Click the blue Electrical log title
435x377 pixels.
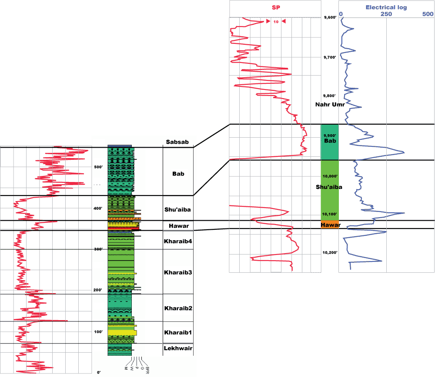pyautogui.click(x=383, y=7)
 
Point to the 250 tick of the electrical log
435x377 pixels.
pyautogui.click(x=386, y=14)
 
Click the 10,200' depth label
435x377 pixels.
pyautogui.click(x=330, y=253)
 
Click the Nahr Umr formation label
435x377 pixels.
pyautogui.click(x=331, y=105)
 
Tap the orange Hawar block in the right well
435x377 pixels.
pyautogui.click(x=330, y=225)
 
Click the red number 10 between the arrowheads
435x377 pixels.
pyautogui.click(x=275, y=22)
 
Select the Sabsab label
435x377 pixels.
pyautogui.click(x=177, y=142)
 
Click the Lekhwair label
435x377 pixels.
pyautogui.click(x=177, y=348)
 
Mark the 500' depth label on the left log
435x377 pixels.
pyautogui.click(x=98, y=167)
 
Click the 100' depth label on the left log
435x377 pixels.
pyautogui.click(x=98, y=332)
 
